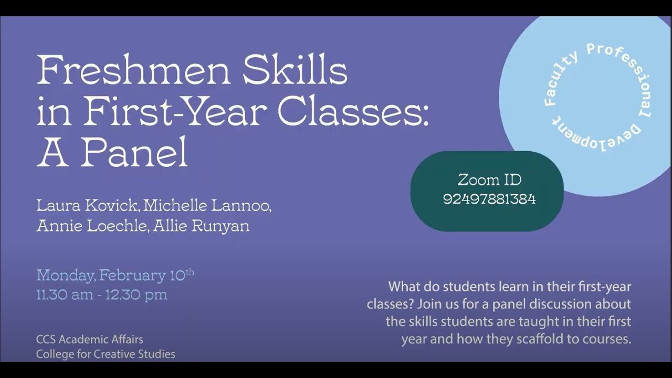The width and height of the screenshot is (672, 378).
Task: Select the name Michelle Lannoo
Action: tap(207, 205)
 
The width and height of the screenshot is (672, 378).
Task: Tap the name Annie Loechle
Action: tap(91, 226)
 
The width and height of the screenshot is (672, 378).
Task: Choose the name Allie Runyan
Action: tap(202, 226)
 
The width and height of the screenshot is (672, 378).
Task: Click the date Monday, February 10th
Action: tap(115, 275)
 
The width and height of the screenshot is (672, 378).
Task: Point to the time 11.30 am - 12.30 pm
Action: tap(102, 295)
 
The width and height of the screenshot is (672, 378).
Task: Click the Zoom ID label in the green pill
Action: tap(489, 180)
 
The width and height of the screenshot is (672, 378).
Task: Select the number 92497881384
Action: tap(489, 199)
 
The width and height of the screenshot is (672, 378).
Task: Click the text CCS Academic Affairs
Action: tap(90, 340)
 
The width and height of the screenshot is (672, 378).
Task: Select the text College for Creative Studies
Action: tap(106, 354)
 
